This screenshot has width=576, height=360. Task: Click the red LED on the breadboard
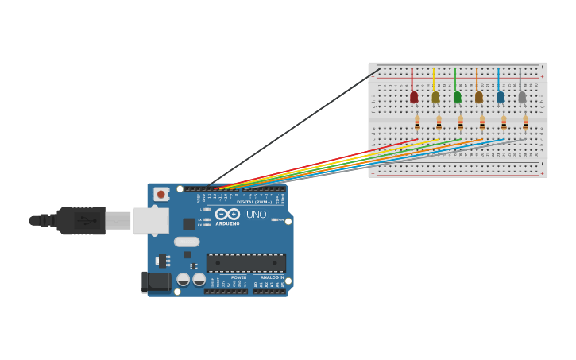(414, 97)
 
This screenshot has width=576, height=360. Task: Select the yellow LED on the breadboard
(435, 97)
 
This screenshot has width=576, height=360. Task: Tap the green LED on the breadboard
(457, 97)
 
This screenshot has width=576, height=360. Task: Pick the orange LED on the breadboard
(478, 97)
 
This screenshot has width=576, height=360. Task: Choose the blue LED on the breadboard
(501, 97)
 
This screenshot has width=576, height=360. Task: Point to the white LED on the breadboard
(522, 97)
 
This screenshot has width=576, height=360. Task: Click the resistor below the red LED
(417, 123)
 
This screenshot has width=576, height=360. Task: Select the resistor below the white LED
(525, 123)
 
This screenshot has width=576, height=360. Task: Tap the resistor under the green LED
(460, 123)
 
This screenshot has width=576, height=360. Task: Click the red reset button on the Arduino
(161, 194)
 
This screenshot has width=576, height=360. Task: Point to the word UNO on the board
(256, 215)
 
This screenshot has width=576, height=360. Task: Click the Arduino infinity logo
(227, 214)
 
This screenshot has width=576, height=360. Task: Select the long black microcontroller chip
(245, 263)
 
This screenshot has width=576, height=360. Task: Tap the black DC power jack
(156, 281)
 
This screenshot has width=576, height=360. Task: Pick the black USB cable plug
(81, 220)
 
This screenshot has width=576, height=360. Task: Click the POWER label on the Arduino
(238, 277)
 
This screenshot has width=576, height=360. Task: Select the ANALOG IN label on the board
(272, 277)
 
